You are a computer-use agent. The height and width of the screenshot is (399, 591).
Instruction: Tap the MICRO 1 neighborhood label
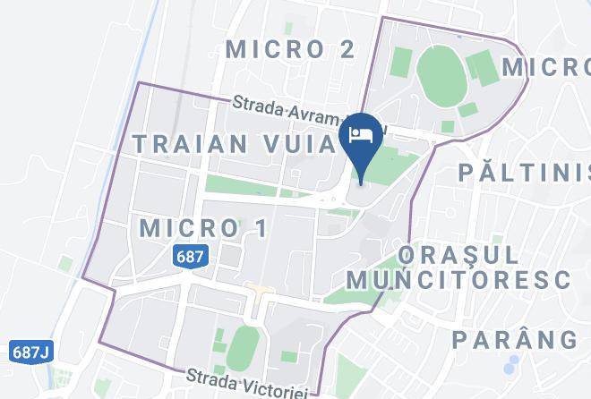(204, 228)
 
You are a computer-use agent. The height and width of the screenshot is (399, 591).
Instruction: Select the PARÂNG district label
(515, 340)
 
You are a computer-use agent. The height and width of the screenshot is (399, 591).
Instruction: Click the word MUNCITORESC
(458, 279)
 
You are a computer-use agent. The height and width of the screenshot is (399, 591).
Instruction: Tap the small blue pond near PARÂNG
(510, 366)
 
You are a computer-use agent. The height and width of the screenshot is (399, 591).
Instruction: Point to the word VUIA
(295, 143)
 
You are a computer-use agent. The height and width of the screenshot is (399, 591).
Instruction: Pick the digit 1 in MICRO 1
(261, 228)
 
